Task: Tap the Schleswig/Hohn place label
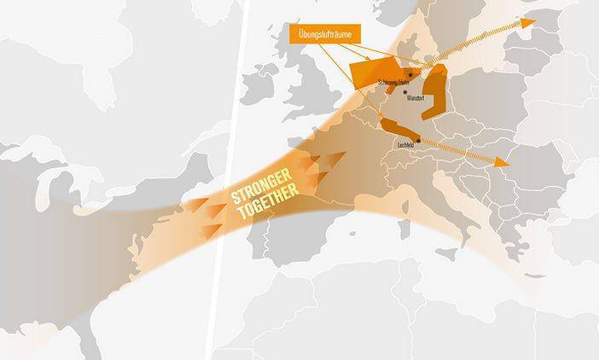point(392,83)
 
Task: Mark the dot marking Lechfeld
point(417,141)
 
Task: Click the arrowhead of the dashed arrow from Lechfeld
point(504,161)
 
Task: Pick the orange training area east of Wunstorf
point(436,90)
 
